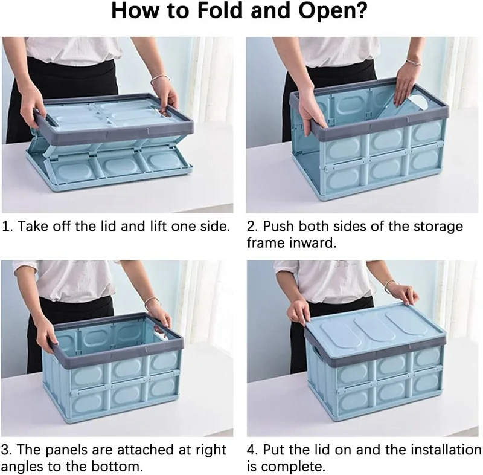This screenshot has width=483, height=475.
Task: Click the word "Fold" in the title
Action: point(220,10)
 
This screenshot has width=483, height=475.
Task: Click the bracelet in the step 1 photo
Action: point(159,79)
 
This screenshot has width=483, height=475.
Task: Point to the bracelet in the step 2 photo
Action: point(414,62)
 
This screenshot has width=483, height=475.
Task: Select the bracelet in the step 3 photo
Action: point(153,301)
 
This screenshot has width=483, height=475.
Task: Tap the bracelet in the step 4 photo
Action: point(391,285)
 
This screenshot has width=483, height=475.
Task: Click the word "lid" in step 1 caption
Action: point(107,226)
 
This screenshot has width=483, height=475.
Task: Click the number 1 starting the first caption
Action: point(6,226)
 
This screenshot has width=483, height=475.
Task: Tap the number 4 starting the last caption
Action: point(252,450)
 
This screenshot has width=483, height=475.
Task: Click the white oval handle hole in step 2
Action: point(418,102)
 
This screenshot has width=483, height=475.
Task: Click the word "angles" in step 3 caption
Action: point(21,467)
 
